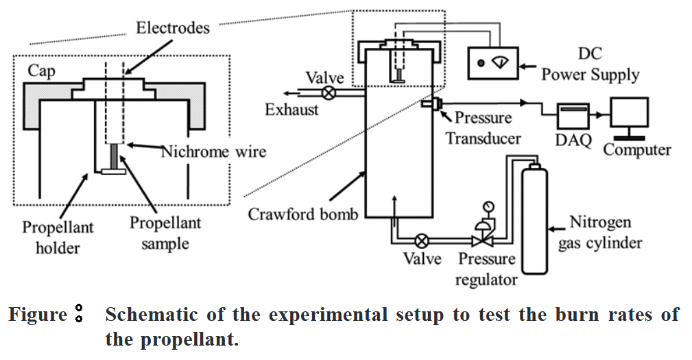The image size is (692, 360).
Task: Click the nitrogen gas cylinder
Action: [x=533, y=219]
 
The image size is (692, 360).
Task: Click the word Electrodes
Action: [x=172, y=28]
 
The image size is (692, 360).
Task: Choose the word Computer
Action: [x=637, y=149]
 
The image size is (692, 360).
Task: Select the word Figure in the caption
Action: [x=37, y=315]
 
